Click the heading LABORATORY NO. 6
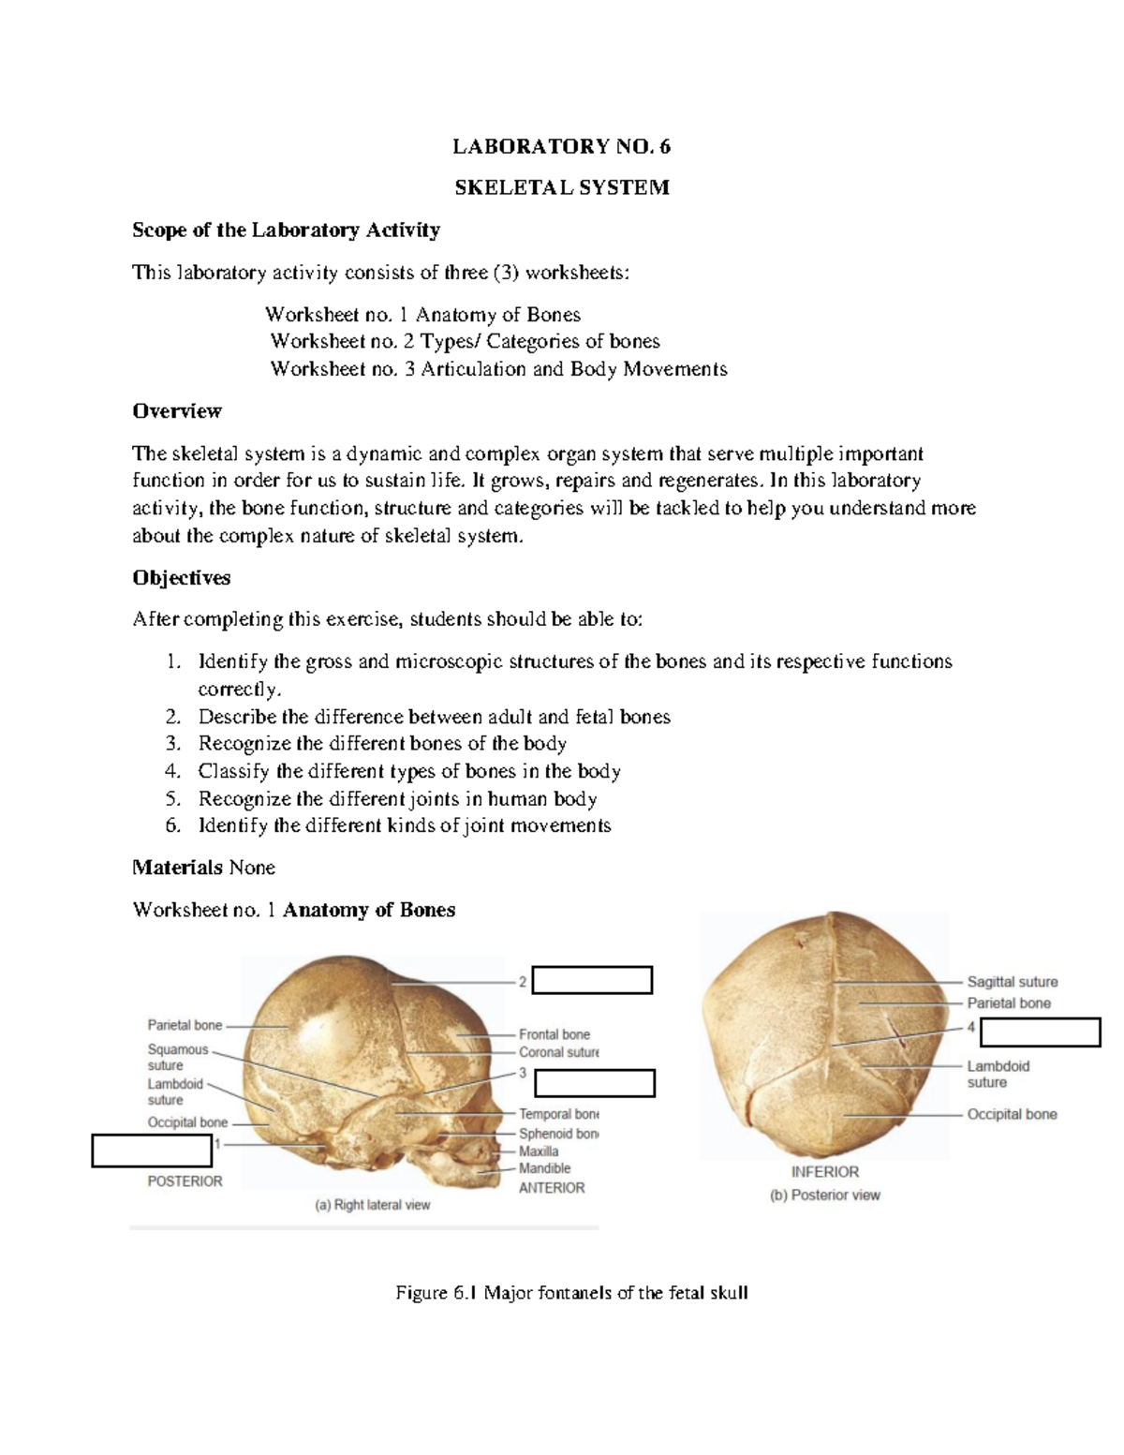[561, 146]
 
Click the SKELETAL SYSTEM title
[561, 187]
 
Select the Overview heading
[177, 410]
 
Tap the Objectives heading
[182, 577]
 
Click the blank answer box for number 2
[592, 980]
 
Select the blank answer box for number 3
[594, 1083]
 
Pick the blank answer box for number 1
[153, 1151]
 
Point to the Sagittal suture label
[1012, 982]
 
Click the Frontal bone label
[555, 1034]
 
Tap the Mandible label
[544, 1168]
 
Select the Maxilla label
[539, 1151]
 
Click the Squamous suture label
[178, 1057]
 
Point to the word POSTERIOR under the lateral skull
[185, 1181]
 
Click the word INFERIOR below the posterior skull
[824, 1171]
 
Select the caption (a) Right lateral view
[372, 1205]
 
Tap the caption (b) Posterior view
[824, 1195]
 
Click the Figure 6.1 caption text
[571, 1293]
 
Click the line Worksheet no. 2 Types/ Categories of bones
[465, 341]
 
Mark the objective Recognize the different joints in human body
[397, 798]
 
